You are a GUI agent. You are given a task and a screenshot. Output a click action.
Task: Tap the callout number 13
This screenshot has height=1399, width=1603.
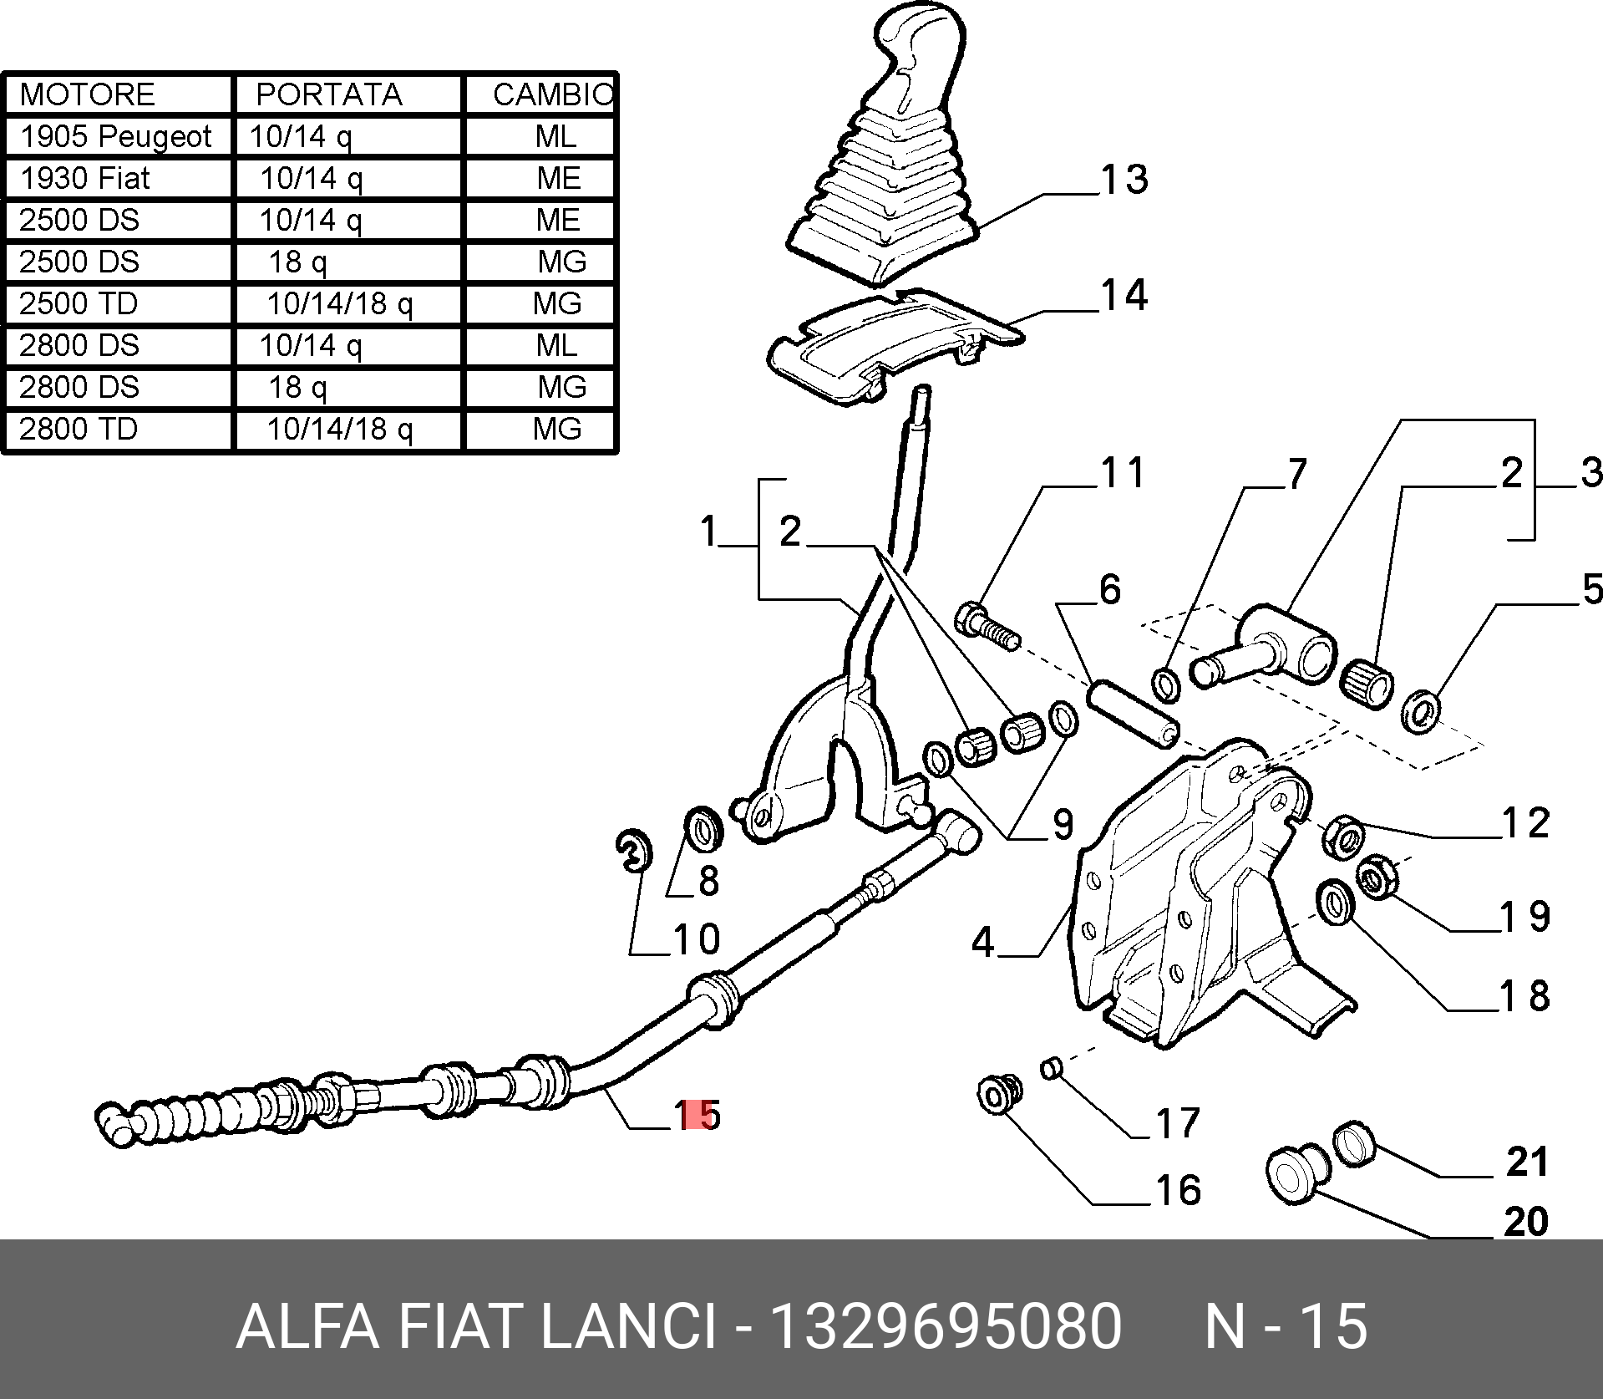[1124, 180]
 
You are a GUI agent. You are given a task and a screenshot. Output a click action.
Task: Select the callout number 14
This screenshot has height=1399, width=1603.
[1124, 296]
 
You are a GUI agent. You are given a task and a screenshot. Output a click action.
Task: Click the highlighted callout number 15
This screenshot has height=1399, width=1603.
[698, 1115]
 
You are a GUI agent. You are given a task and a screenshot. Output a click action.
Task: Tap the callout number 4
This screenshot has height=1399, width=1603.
[983, 943]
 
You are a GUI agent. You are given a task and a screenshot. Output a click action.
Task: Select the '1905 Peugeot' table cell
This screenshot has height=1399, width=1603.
[116, 136]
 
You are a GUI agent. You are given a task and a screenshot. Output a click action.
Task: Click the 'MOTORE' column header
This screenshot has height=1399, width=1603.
[88, 94]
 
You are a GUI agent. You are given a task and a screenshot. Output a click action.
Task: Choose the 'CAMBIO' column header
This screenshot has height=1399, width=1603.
[552, 94]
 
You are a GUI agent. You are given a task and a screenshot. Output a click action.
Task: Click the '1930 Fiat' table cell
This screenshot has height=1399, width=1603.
[85, 178]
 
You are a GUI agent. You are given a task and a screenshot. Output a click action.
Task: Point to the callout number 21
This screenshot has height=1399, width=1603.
[1527, 1162]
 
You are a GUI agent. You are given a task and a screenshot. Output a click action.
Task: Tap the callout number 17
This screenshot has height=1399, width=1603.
[1178, 1123]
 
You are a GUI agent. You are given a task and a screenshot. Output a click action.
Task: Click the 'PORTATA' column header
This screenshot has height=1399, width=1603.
[329, 94]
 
